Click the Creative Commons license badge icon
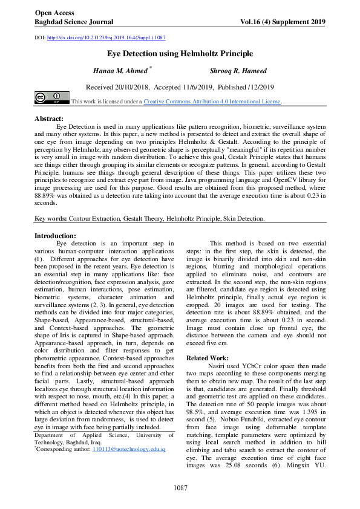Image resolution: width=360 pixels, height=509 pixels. coord(51,98)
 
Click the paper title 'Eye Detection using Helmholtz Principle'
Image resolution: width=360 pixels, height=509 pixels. coord(180,54)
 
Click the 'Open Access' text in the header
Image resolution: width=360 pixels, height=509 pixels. coord(54,12)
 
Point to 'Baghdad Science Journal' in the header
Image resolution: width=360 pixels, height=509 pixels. coord(74,22)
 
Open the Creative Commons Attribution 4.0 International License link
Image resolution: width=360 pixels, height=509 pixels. coord(212,102)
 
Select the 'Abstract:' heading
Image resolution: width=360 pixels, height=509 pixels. coord(49,118)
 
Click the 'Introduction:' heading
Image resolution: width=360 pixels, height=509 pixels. coord(55,236)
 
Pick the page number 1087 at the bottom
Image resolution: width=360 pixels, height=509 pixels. coord(180,487)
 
